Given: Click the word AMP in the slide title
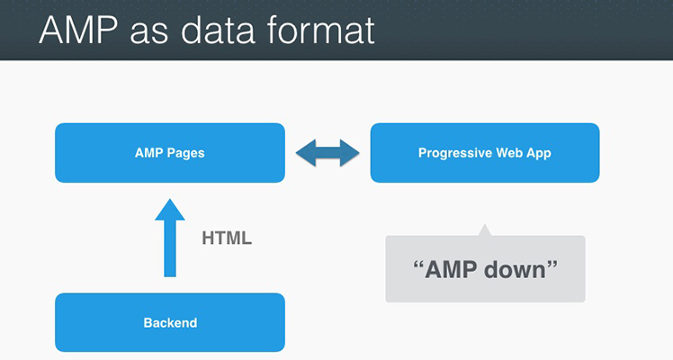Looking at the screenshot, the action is click(78, 30).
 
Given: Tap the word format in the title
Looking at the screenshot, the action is click(320, 30).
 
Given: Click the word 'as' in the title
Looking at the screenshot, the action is click(149, 34).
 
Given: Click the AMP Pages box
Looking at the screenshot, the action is click(170, 153).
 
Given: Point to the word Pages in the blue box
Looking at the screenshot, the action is click(186, 154).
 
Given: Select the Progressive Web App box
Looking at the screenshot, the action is click(485, 153).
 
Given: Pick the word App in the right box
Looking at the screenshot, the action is click(538, 154).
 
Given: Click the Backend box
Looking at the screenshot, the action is click(170, 323).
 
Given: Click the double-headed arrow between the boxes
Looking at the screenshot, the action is click(328, 153).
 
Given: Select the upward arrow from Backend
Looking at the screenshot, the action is click(170, 238).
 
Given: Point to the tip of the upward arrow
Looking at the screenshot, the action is click(170, 199).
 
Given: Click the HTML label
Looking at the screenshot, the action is click(227, 238).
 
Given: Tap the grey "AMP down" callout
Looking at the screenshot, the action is click(485, 269).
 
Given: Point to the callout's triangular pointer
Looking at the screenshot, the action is click(485, 230).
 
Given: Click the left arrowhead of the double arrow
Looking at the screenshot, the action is click(306, 153).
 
